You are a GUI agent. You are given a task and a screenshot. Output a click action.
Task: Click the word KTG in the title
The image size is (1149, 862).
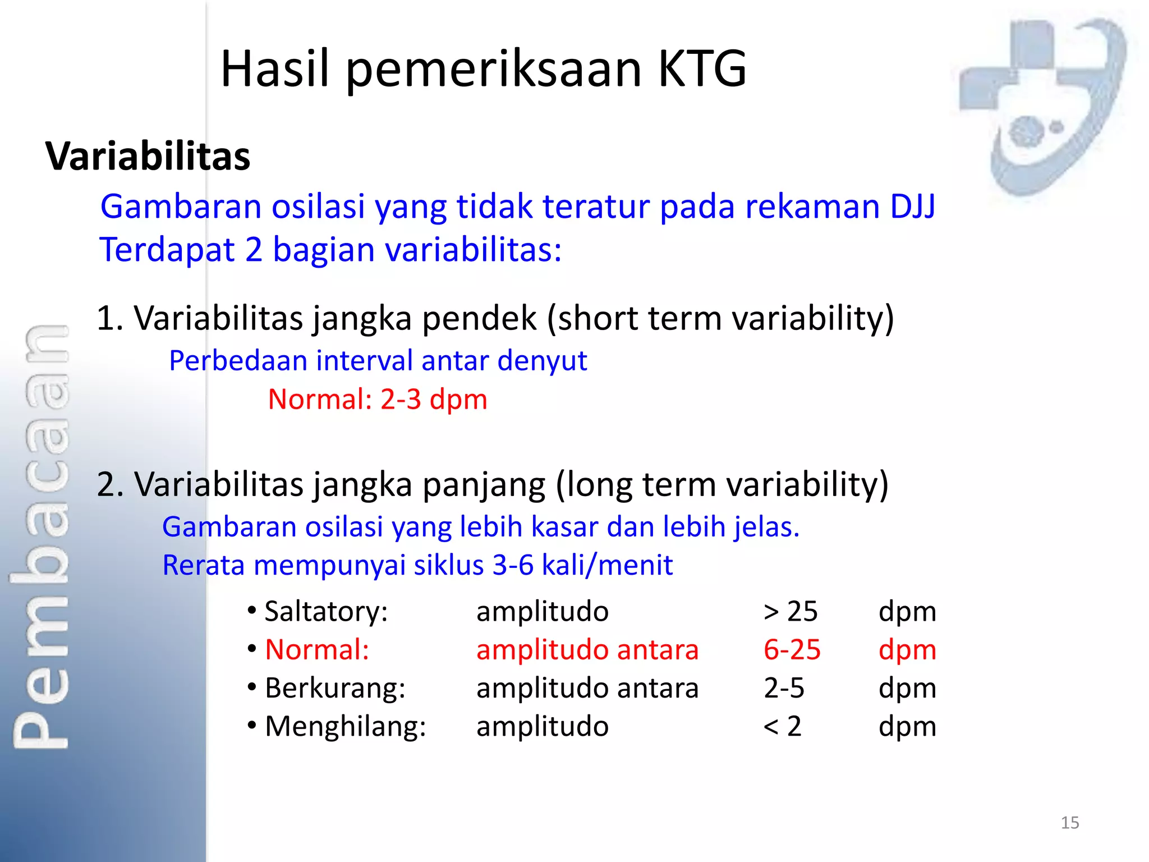[x=702, y=68]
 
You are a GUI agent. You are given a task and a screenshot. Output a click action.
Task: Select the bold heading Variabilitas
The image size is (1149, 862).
[x=148, y=156]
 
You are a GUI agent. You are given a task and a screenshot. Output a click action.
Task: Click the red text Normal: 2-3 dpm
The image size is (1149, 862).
[x=377, y=400]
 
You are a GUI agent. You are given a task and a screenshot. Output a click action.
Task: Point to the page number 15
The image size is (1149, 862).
[x=1069, y=823]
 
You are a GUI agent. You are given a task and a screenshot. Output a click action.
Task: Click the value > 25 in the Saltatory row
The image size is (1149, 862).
[x=790, y=611]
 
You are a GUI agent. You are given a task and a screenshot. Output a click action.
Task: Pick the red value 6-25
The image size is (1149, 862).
[x=792, y=650]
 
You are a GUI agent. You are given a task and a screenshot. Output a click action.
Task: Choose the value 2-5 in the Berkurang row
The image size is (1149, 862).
[x=784, y=688]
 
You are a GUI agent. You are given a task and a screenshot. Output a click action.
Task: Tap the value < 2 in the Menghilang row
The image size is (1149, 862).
[x=782, y=726]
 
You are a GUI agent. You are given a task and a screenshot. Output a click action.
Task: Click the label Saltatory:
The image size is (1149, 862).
[x=326, y=611]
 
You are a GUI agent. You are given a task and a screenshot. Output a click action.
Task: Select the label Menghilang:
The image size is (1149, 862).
[x=345, y=726]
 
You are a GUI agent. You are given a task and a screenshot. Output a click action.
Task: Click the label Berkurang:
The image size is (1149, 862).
[x=335, y=688]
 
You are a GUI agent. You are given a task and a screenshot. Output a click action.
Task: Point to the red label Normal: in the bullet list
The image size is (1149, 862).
[x=317, y=650]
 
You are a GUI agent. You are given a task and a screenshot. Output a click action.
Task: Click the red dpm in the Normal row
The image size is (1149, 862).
[x=907, y=650]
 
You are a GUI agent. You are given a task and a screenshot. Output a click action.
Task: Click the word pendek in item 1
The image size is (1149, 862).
[x=479, y=319]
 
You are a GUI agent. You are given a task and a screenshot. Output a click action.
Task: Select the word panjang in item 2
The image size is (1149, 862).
[x=484, y=485]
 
